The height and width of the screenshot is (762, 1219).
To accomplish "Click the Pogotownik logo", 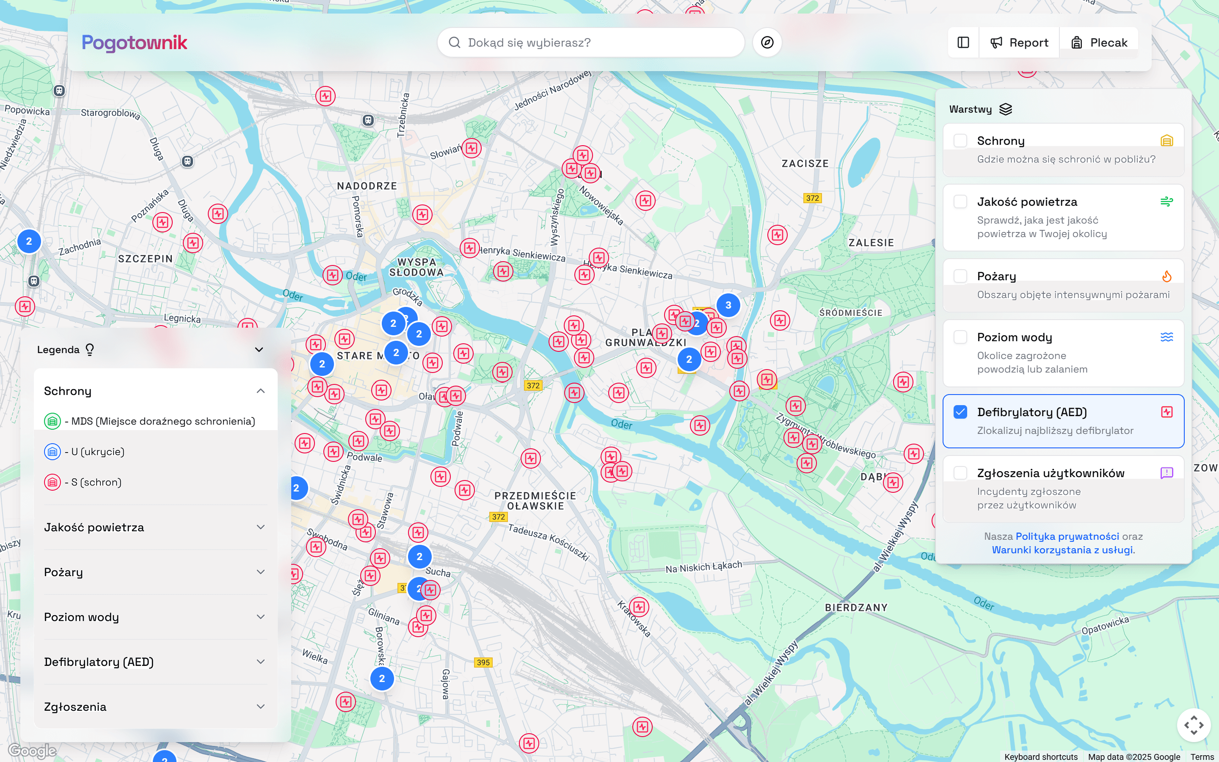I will coord(134,43).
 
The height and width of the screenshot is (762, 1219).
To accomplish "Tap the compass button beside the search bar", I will coord(767,43).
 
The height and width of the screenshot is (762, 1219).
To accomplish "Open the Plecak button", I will coord(1099,43).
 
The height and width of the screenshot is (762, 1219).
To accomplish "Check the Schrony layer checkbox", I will coord(960,141).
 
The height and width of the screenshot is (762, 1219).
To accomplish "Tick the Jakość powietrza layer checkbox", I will coord(960,202).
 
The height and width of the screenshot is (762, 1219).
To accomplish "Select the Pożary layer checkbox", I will coord(960,276).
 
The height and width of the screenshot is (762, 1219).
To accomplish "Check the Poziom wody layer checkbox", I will coord(960,337).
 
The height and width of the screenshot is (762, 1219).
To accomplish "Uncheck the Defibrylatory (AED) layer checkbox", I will coord(960,412).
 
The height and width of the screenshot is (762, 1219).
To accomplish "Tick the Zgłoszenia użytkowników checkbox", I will coord(960,473).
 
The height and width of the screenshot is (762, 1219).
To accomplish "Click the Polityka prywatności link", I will coord(1067,536).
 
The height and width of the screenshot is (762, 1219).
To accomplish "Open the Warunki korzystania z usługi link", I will coord(1062,550).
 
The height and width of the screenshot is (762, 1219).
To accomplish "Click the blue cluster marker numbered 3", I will coord(728,305).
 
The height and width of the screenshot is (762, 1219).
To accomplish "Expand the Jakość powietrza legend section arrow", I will coord(260,527).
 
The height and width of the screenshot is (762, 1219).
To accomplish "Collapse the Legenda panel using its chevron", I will coord(259,350).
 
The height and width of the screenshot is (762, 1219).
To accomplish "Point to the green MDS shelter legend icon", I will coord(52,421).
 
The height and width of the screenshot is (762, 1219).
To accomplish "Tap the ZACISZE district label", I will coord(805,164).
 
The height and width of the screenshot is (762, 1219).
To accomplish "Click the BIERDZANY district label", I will coord(856,608).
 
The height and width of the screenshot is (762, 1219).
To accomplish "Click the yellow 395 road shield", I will coord(483,663).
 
